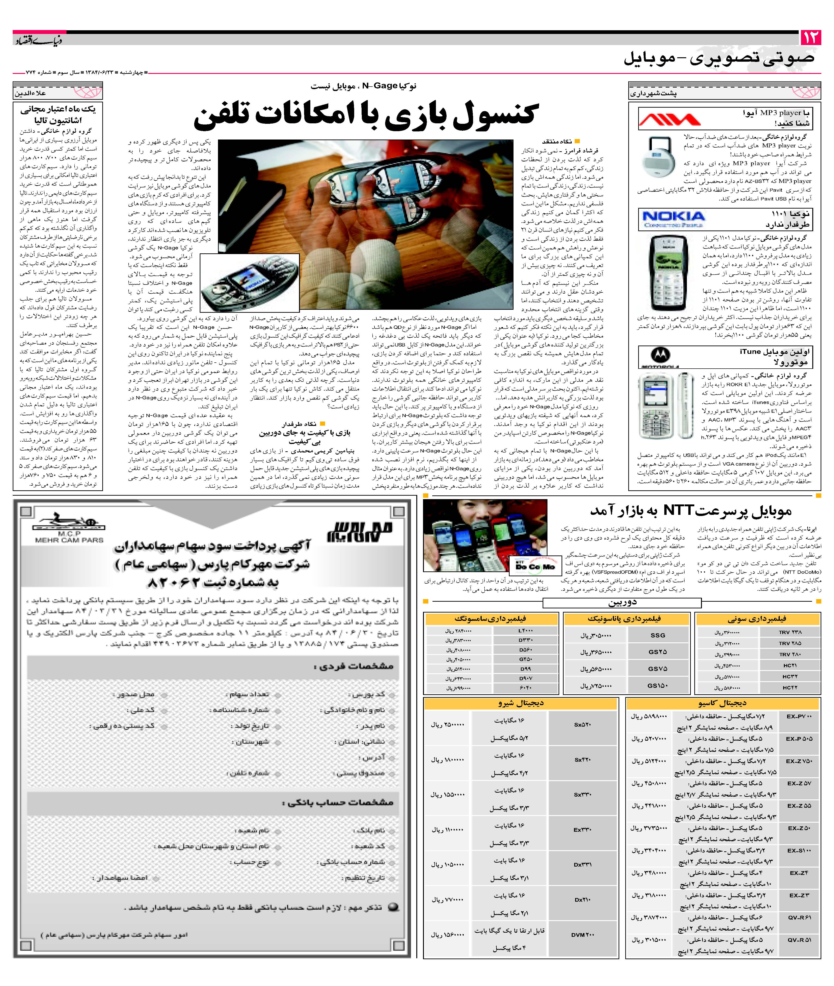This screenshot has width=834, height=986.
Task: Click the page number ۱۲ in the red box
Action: pos(810,37)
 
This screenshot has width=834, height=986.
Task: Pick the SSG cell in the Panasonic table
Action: pos(658,635)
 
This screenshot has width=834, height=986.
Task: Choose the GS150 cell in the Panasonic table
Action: pos(658,685)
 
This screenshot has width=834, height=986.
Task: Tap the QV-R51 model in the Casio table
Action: pos(799,940)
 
